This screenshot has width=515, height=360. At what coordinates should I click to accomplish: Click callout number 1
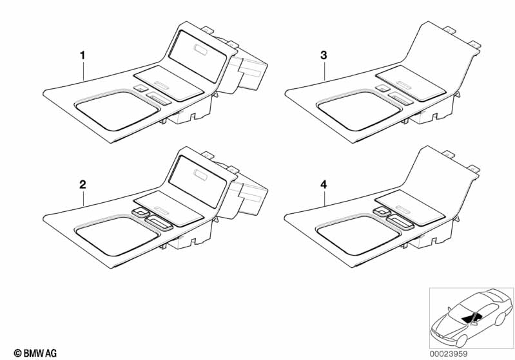point(83,55)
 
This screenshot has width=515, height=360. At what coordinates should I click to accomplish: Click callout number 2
point(83,184)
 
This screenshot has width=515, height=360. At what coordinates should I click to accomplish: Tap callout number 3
point(324,55)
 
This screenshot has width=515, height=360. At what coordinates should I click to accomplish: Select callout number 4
point(324,185)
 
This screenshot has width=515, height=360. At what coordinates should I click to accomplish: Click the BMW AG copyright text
point(35,353)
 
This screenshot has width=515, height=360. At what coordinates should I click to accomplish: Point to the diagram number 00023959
point(449,354)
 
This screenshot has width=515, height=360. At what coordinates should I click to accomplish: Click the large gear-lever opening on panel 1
point(117,111)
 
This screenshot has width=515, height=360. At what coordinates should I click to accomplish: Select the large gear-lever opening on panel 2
point(117,236)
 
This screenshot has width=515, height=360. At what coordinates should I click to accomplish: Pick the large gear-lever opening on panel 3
point(359,111)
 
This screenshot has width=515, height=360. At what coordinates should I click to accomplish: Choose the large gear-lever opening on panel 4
point(358,236)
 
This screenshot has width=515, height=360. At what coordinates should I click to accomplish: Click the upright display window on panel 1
point(198,56)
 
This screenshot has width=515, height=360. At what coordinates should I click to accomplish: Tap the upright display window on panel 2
point(198,182)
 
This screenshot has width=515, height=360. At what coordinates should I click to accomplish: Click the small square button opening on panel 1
point(141,88)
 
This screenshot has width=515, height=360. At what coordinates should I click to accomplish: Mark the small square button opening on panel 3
point(382,88)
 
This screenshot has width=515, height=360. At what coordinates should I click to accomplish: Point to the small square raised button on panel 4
point(382,213)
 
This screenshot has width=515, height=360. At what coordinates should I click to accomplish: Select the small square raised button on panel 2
point(141,213)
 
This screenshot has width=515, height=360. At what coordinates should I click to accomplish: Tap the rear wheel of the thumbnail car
point(500,319)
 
